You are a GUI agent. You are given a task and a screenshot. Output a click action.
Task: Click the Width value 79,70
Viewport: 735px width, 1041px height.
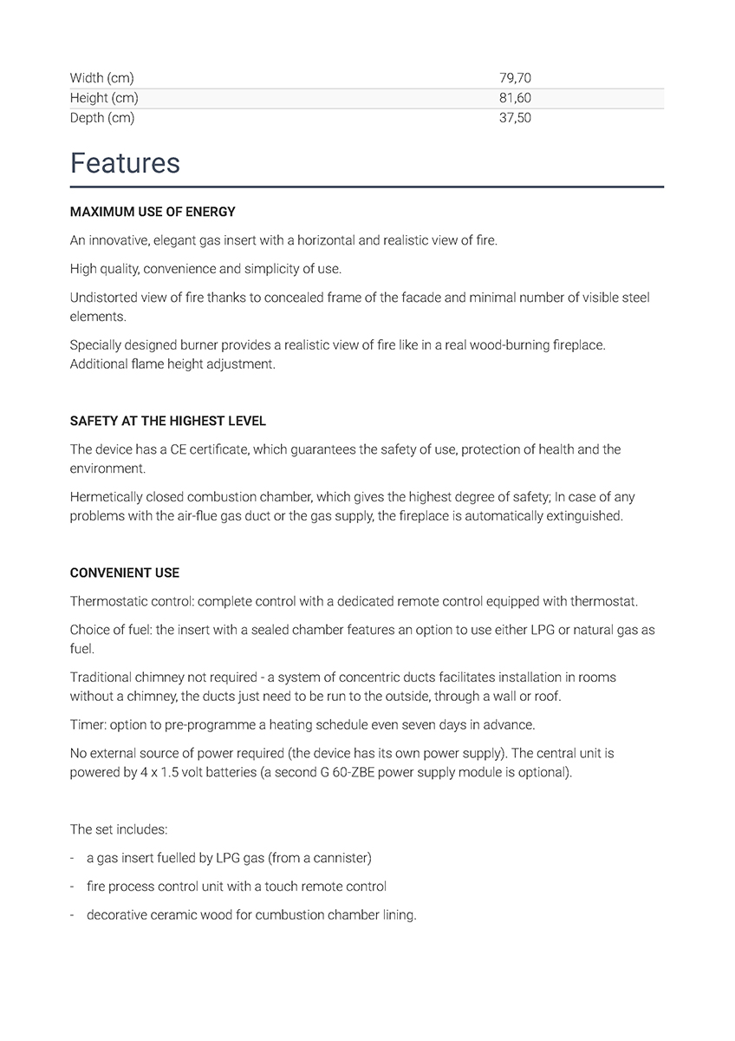515,78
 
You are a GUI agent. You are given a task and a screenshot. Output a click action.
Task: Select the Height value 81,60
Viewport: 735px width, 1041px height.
515,98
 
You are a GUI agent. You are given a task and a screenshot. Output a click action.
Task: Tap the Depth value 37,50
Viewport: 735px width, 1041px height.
515,118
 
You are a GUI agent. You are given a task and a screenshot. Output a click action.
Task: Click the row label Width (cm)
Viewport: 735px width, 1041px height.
101,78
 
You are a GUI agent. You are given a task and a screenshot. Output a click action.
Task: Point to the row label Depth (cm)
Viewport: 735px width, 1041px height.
102,118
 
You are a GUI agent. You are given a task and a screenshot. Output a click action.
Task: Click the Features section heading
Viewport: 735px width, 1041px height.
125,163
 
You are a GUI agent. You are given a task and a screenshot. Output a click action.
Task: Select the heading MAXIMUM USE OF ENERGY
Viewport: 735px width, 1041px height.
153,212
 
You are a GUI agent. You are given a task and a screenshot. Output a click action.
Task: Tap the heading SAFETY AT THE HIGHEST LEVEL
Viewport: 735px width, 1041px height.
168,421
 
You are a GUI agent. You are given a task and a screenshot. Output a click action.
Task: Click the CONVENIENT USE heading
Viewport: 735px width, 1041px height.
125,573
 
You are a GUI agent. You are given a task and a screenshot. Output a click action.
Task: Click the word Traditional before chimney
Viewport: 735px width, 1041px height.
100,677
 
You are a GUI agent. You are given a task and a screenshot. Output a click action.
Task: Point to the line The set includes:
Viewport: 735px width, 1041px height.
119,829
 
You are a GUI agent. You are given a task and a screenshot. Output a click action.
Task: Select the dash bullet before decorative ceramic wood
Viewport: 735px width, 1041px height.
72,915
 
